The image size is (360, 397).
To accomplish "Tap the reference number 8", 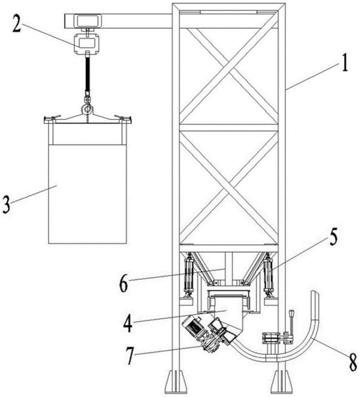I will [352, 361].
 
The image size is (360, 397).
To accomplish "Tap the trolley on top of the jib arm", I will [88, 20].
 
